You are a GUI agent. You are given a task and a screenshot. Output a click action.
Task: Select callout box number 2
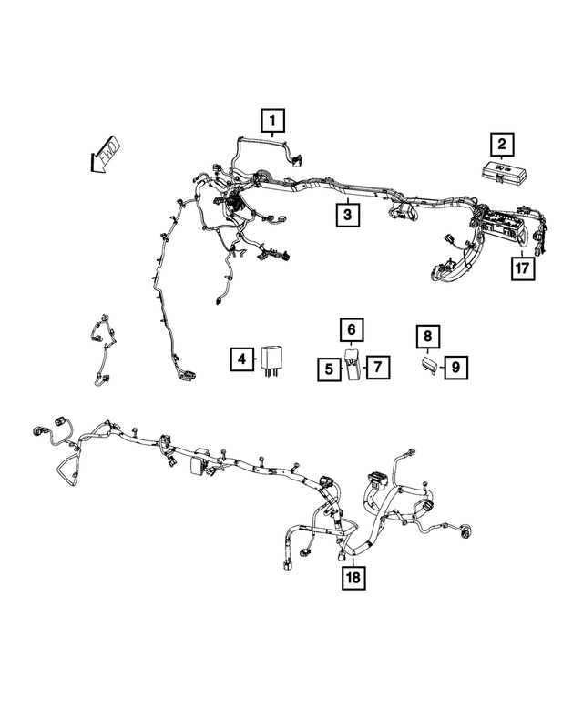coord(500,143)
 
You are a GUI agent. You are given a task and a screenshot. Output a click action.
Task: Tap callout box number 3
coord(345,216)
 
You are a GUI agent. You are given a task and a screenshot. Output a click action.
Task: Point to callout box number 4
coord(240,360)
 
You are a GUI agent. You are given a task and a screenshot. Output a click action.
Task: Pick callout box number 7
coord(377,369)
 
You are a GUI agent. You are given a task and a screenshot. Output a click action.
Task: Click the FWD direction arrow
coord(104,154)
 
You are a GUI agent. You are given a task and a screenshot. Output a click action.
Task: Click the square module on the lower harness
coord(198,466)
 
